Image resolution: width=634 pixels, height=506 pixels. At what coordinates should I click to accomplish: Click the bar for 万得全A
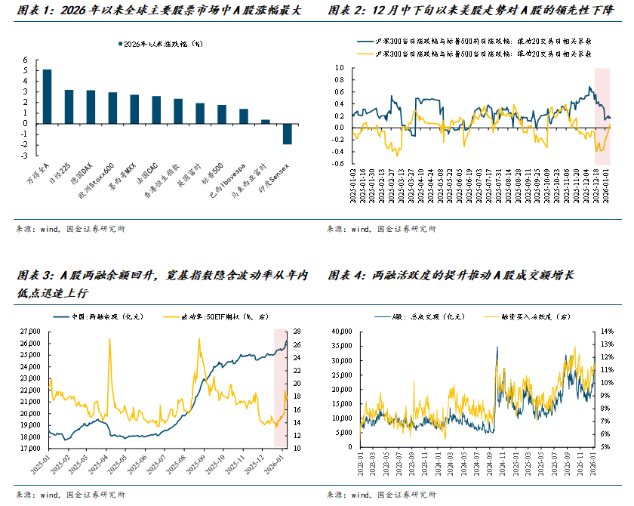tap(47, 96)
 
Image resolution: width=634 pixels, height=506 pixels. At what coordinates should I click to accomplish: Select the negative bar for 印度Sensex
tap(287, 133)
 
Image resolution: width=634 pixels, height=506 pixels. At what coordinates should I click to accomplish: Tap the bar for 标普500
tap(222, 113)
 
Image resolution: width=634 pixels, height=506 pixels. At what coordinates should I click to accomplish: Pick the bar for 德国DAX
tap(91, 106)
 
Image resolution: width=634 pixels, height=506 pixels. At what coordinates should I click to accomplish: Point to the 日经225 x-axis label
tap(63, 152)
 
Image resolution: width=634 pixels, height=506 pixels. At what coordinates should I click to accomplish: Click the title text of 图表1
tap(158, 11)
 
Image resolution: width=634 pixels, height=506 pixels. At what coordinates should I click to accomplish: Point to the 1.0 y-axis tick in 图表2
tap(339, 68)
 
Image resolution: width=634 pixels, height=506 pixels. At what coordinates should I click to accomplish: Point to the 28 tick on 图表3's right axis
tap(297, 332)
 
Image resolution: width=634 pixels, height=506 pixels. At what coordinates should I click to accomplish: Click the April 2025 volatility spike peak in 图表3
tap(110, 339)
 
